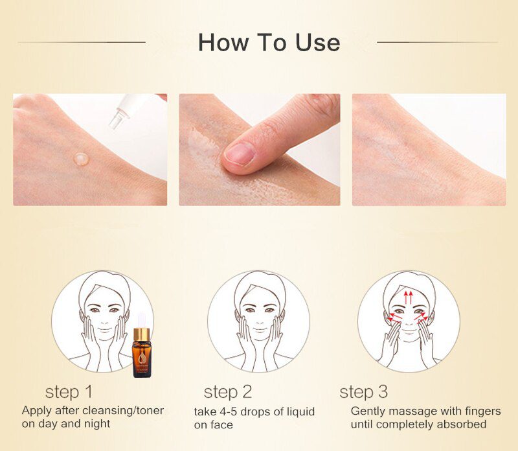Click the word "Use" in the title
point(315,42)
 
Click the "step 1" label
point(69,392)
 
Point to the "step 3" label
point(364,392)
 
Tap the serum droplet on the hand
point(81,157)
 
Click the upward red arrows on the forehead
point(409,297)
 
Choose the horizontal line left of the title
point(82,43)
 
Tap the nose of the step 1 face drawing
point(103,319)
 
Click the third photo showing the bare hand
point(429,150)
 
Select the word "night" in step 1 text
point(97,424)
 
